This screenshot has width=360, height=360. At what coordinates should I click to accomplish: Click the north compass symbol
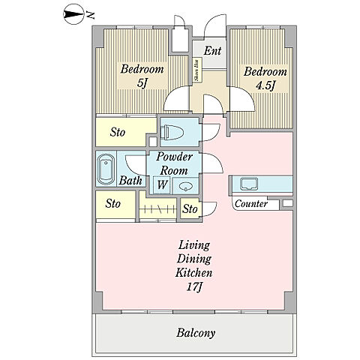click(73, 15)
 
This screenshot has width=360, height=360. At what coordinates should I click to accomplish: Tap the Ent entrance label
click(212, 51)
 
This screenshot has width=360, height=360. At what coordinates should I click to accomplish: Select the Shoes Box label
click(197, 70)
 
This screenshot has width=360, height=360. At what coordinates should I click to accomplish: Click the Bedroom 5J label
click(142, 76)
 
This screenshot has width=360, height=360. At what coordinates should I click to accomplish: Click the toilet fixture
click(172, 132)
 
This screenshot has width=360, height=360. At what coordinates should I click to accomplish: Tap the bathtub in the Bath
click(106, 169)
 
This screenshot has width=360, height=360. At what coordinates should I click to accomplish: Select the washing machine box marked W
click(162, 185)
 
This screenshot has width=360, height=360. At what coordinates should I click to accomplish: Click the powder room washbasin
click(185, 186)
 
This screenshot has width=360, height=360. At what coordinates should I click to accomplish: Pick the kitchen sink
click(249, 184)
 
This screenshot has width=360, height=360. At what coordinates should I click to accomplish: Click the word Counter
click(251, 204)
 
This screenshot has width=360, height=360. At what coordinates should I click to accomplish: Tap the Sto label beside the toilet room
click(118, 132)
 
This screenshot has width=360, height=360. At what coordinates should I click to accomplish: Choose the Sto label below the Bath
click(112, 203)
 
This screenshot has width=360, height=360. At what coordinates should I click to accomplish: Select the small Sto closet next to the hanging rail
click(190, 209)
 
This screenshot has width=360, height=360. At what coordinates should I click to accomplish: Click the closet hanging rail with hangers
click(158, 208)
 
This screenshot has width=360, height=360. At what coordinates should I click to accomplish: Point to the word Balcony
click(196, 333)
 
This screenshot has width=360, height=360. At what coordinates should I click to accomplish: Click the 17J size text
click(194, 287)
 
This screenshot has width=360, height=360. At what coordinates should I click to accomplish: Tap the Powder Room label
click(174, 163)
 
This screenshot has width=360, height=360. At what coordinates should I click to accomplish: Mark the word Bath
click(130, 180)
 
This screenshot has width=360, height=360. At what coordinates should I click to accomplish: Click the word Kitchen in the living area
click(194, 272)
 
